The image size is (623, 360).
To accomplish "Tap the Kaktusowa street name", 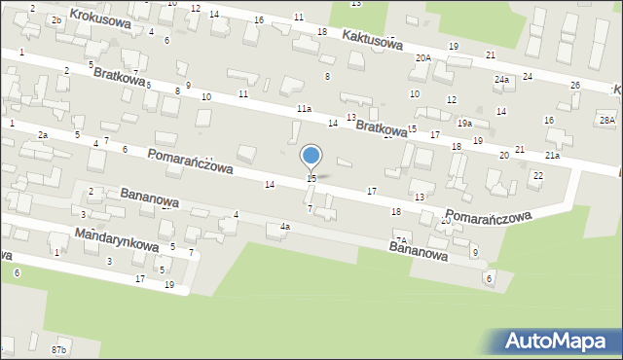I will [371, 38].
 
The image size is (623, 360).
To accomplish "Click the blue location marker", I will [311, 156].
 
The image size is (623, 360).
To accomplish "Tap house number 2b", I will [56, 19].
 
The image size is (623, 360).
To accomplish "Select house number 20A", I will [422, 58].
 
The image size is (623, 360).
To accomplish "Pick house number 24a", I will [501, 79].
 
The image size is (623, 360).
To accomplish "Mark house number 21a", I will [552, 156].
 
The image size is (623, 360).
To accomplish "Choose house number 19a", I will [465, 124].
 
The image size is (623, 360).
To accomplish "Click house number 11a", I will [305, 109].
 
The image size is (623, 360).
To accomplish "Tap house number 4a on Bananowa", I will [285, 227].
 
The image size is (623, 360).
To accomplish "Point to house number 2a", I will [42, 134].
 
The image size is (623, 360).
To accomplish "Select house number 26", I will [575, 86].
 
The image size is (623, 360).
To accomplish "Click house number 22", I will [538, 175].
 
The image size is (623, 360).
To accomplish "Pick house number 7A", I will [400, 239].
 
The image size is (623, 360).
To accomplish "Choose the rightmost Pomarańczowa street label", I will [490, 214].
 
